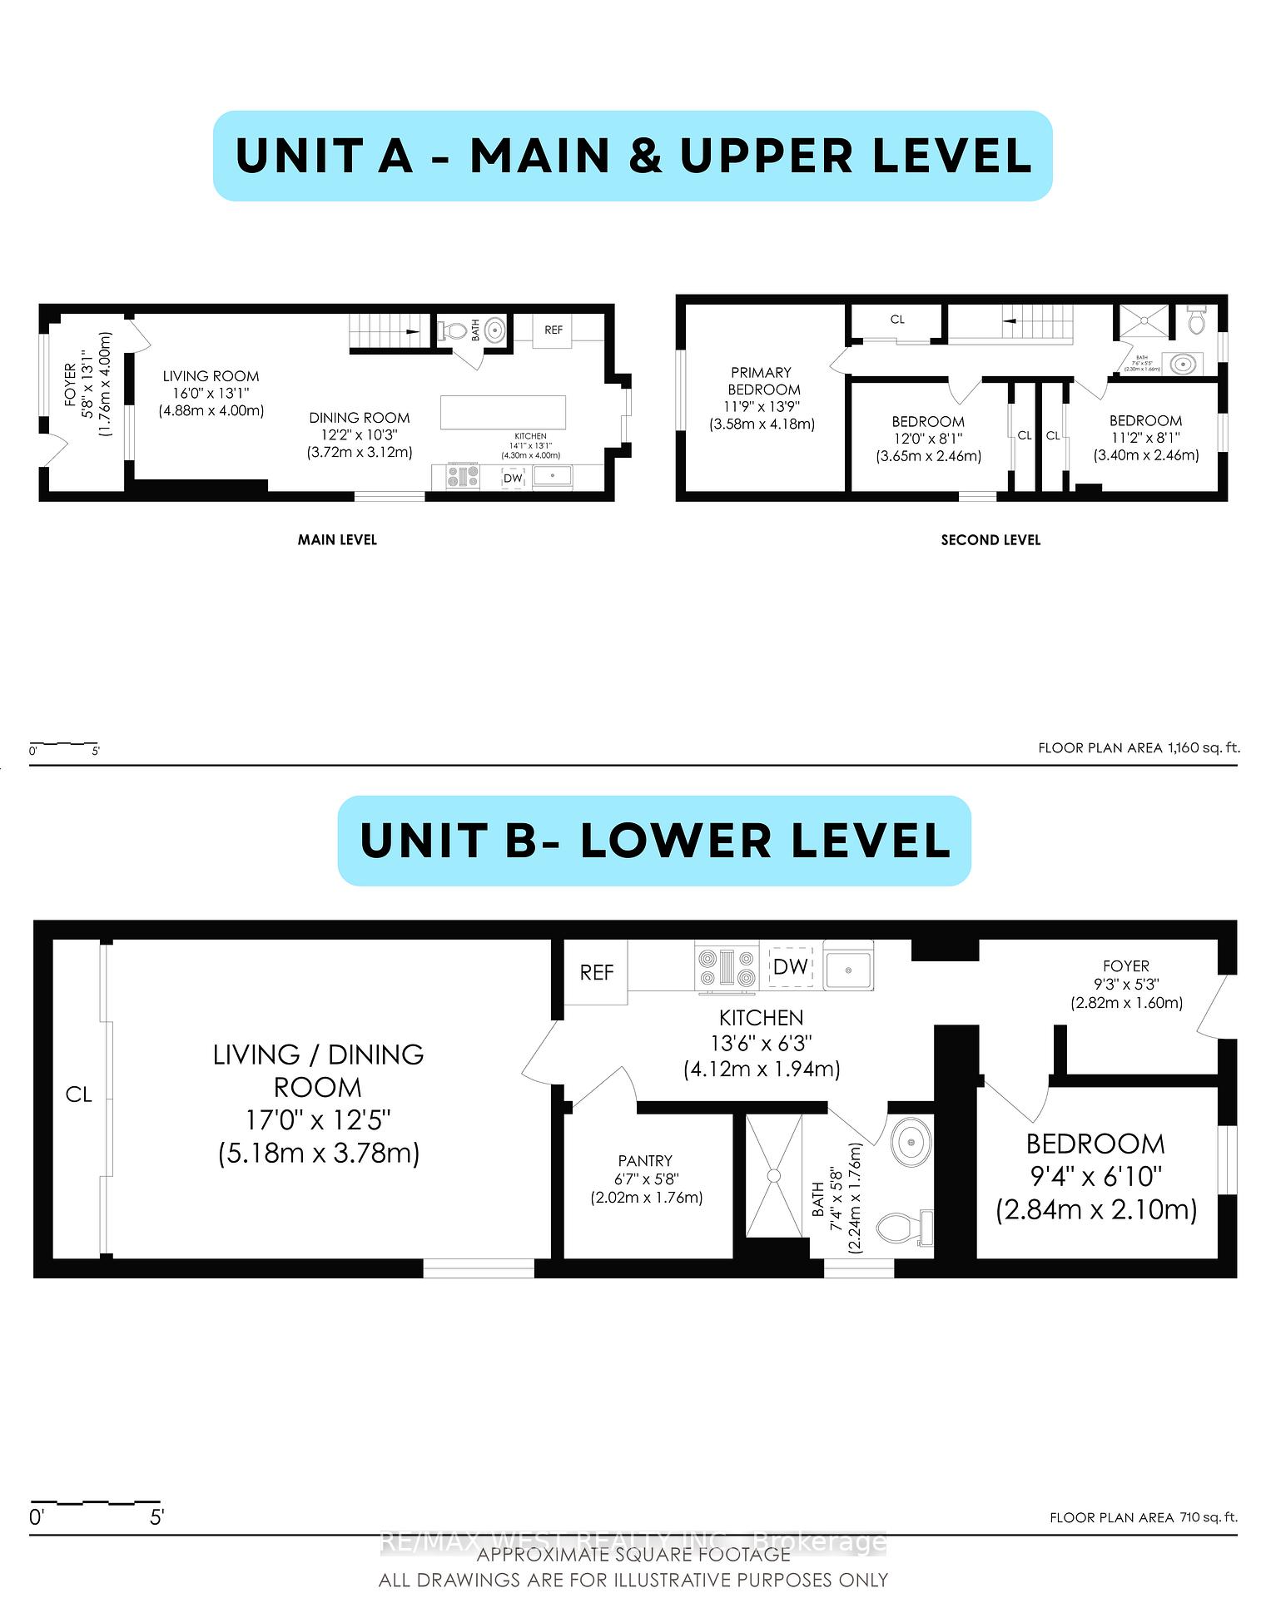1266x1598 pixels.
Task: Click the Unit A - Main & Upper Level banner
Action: pyautogui.click(x=633, y=156)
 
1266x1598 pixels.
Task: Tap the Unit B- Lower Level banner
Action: pyautogui.click(x=654, y=840)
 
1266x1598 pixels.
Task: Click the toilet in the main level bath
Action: pyautogui.click(x=453, y=330)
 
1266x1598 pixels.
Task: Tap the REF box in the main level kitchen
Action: pyautogui.click(x=554, y=330)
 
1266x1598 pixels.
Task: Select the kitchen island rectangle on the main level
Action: pyautogui.click(x=503, y=412)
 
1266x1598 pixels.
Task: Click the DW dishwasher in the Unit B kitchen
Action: pyautogui.click(x=790, y=966)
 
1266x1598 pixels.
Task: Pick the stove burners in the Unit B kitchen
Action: pyautogui.click(x=727, y=968)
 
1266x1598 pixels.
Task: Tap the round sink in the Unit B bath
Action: pyautogui.click(x=911, y=1140)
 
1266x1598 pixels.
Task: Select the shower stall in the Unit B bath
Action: pyautogui.click(x=773, y=1175)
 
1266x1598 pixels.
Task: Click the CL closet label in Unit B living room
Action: pyautogui.click(x=78, y=1094)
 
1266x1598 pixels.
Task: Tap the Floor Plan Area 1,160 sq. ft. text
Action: pyautogui.click(x=1138, y=747)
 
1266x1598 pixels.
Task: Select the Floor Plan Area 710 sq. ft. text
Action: pyautogui.click(x=1143, y=1517)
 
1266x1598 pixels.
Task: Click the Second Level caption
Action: pyautogui.click(x=990, y=539)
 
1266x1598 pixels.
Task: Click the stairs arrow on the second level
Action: pyautogui.click(x=1009, y=320)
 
